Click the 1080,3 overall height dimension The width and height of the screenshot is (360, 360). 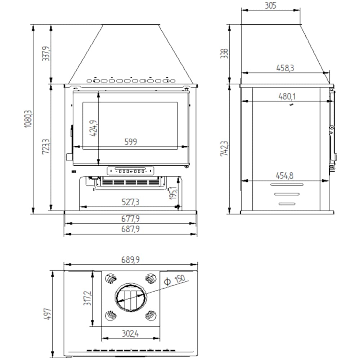pyautogui.click(x=28, y=119)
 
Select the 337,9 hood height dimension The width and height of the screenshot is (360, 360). pyautogui.click(x=45, y=54)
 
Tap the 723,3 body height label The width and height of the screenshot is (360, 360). pyautogui.click(x=46, y=147)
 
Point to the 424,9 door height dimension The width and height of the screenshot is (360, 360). pyautogui.click(x=93, y=128)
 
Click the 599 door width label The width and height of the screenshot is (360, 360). pyautogui.click(x=131, y=141)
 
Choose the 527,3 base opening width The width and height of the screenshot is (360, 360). pyautogui.click(x=130, y=202)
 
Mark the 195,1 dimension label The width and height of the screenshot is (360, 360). pyautogui.click(x=173, y=193)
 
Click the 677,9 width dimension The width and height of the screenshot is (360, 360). pyautogui.click(x=130, y=219)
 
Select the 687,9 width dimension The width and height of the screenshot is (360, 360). pyautogui.click(x=130, y=229)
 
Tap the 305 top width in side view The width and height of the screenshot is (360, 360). pyautogui.click(x=270, y=5)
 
